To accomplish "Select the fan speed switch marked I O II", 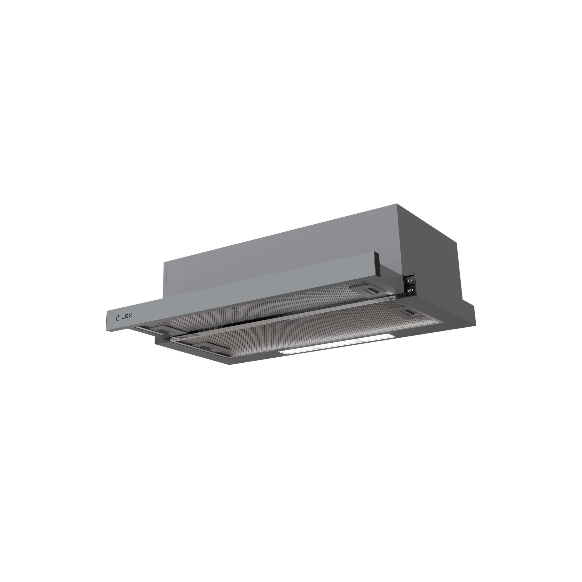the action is [411, 290].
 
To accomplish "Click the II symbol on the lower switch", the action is [412, 290].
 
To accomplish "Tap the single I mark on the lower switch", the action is [409, 291].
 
